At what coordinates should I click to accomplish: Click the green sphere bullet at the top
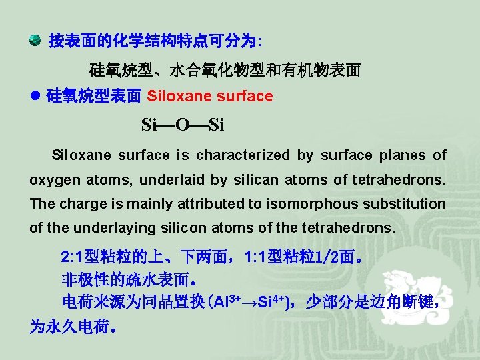point(35,41)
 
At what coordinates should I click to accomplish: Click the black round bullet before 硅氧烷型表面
point(35,97)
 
